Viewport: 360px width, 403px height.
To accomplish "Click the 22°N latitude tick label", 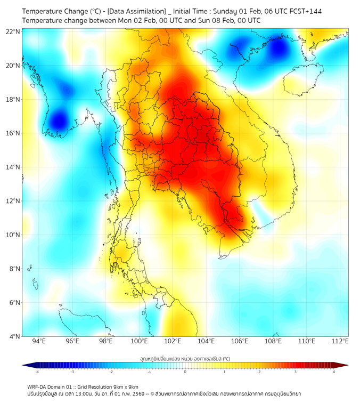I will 13,31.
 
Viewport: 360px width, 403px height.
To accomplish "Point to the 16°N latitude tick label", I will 13,133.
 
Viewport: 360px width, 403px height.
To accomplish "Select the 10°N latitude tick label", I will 13,235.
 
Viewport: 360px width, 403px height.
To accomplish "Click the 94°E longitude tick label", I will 38,341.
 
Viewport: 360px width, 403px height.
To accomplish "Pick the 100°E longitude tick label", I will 139,341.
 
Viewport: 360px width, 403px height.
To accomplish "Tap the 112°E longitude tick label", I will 340,341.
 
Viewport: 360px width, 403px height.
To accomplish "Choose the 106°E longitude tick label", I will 240,341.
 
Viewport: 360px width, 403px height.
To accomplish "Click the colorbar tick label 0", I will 185,372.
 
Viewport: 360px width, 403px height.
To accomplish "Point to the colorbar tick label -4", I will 37,372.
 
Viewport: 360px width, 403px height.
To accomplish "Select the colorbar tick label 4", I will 333,372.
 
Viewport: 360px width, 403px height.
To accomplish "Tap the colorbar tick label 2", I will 259,372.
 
